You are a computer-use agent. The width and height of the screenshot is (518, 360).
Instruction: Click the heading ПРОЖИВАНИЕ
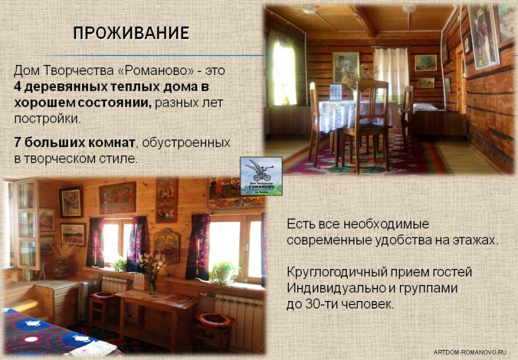click(131, 33)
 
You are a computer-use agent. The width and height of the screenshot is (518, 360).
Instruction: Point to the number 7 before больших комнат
click(17, 143)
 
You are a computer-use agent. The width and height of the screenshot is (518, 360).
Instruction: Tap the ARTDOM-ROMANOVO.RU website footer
click(470, 352)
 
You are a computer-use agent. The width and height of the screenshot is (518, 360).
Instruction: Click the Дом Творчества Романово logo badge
click(261, 176)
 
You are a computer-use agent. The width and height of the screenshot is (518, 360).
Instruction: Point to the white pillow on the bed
click(425, 107)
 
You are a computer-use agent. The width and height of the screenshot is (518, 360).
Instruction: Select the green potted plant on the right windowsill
click(224, 273)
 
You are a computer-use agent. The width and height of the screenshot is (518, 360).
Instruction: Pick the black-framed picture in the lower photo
click(71, 202)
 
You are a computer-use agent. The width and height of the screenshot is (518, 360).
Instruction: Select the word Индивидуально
click(335, 288)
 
